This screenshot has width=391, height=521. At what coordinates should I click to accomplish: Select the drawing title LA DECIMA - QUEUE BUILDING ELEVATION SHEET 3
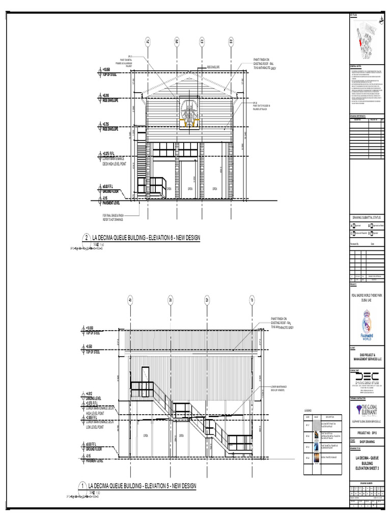(367, 464)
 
